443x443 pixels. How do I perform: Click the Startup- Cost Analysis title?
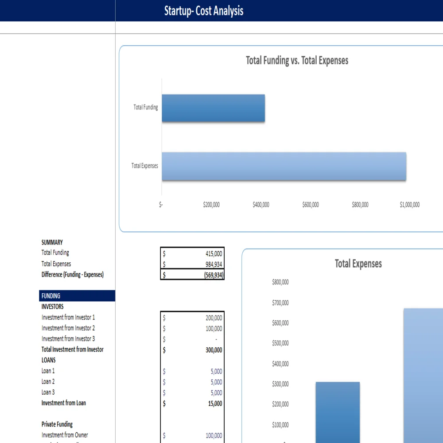tap(204, 11)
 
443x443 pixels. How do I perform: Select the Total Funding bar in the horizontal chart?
tap(213, 108)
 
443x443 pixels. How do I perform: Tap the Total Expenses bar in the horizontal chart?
tap(284, 166)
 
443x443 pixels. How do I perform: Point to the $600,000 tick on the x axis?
tap(310, 205)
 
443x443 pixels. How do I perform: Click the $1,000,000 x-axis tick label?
tap(409, 205)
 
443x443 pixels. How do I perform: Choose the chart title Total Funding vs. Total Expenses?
tap(297, 61)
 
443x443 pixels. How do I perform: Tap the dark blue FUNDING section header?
tap(77, 296)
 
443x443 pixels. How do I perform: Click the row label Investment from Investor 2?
tap(68, 328)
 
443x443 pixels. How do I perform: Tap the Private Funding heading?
tap(57, 424)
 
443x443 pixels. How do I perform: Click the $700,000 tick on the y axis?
tap(280, 303)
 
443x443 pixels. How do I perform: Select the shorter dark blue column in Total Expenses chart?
tap(338, 412)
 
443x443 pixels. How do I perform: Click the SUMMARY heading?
tap(52, 242)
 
